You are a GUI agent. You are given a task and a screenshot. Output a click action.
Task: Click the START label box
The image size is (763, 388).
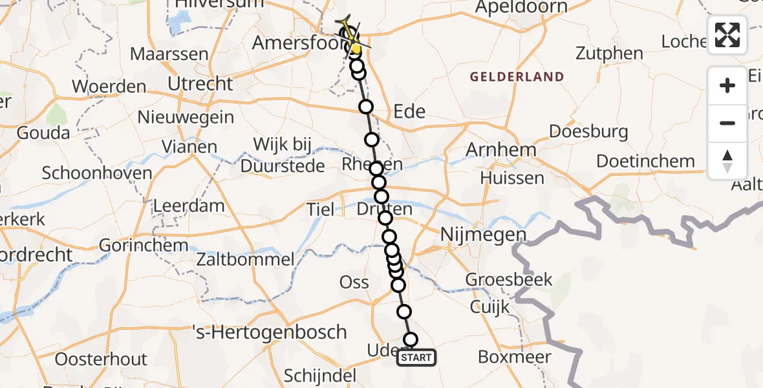click(x=416, y=358)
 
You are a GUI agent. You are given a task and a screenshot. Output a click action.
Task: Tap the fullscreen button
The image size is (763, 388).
click(x=727, y=35)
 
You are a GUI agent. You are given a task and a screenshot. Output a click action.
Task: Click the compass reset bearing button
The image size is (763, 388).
click(x=727, y=161)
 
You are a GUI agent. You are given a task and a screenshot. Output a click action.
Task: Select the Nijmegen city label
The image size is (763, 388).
click(x=484, y=234)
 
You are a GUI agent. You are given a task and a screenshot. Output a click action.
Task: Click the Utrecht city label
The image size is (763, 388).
click(x=200, y=83)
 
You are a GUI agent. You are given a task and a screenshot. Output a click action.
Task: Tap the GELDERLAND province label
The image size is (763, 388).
click(x=517, y=77)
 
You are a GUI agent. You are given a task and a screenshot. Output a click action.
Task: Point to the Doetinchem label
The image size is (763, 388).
click(x=645, y=161)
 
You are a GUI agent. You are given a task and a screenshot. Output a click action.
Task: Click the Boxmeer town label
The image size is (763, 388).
click(x=515, y=356)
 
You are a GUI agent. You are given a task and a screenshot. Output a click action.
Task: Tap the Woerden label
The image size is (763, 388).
click(x=109, y=86)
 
